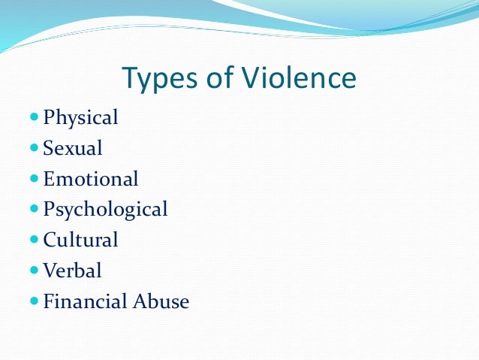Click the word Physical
[x=81, y=119]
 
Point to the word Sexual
[x=73, y=148]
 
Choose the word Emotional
[x=91, y=179]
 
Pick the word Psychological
[x=105, y=210]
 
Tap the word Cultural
[x=81, y=241]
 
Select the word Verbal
[x=72, y=271]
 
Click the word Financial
[x=85, y=301]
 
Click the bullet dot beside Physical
[x=34, y=118]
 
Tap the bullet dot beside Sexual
[x=34, y=148]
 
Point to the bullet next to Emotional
[x=34, y=179]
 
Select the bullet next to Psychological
[x=34, y=209]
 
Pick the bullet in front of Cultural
[x=34, y=240]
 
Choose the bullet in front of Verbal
[x=34, y=271]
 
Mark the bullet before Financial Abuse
[x=34, y=301]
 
